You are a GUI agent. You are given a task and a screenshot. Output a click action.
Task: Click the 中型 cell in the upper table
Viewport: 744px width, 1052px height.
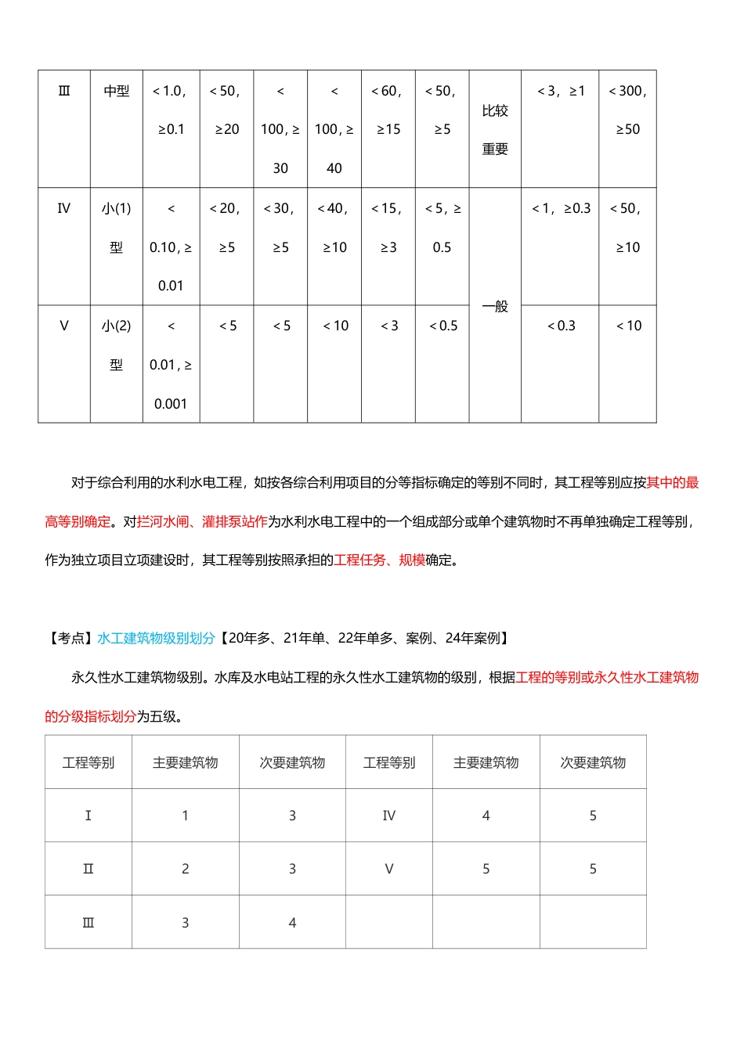point(116,91)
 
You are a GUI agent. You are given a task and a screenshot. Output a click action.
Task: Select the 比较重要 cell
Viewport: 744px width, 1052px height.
point(495,129)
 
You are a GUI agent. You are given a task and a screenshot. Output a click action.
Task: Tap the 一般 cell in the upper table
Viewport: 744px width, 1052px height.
point(495,306)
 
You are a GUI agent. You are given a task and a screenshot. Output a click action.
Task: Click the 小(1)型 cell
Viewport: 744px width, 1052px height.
point(116,227)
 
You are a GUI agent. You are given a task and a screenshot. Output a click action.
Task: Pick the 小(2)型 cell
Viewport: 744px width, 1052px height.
point(116,344)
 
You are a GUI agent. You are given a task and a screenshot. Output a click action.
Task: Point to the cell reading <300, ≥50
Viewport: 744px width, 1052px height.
point(627,110)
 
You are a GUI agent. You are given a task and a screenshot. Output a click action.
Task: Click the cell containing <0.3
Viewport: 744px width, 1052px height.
point(561,326)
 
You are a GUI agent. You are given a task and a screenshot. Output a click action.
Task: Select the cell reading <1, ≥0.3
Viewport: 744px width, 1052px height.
point(561,208)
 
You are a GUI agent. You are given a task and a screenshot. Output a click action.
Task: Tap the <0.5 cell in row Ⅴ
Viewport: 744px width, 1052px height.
point(442,326)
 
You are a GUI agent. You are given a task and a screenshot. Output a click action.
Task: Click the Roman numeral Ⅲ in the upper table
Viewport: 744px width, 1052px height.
point(64,91)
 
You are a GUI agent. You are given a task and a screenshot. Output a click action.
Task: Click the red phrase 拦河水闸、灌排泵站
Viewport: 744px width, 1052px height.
point(202,521)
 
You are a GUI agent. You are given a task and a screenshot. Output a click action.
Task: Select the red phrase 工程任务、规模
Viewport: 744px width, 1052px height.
point(379,560)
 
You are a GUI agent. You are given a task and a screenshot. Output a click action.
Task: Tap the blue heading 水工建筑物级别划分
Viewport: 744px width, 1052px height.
point(156,638)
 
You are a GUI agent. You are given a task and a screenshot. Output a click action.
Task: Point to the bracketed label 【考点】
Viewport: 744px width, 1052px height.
point(70,638)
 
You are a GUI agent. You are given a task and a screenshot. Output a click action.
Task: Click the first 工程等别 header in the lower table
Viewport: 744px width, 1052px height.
point(88,762)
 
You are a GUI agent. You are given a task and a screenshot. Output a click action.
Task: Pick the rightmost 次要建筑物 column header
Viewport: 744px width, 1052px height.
point(593,762)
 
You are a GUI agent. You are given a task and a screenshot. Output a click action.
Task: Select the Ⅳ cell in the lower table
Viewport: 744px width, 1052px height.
point(389,816)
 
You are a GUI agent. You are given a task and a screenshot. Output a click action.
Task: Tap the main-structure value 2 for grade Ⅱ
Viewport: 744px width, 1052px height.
point(186,869)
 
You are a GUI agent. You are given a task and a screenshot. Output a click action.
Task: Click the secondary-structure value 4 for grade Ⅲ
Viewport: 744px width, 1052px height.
point(292,923)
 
